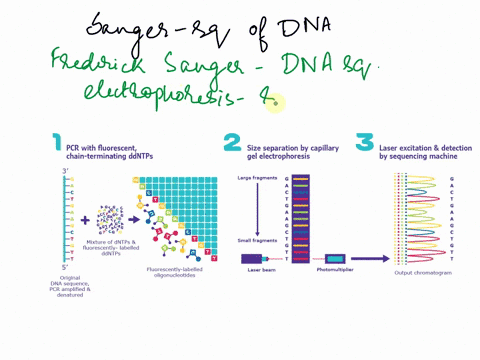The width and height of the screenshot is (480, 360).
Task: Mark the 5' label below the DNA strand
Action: pos(63,267)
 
